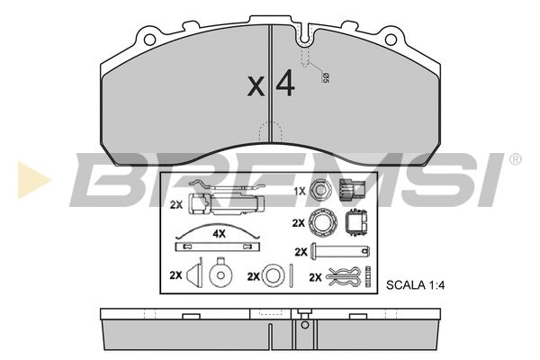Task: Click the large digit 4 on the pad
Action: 285,83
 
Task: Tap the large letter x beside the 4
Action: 256,86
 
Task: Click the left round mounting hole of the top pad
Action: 149,40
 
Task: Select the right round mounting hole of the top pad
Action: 391,40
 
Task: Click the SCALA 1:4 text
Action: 415,285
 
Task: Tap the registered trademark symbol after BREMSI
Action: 515,159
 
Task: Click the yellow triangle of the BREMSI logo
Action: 34,180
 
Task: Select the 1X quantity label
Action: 300,191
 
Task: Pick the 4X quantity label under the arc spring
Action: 219,234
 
